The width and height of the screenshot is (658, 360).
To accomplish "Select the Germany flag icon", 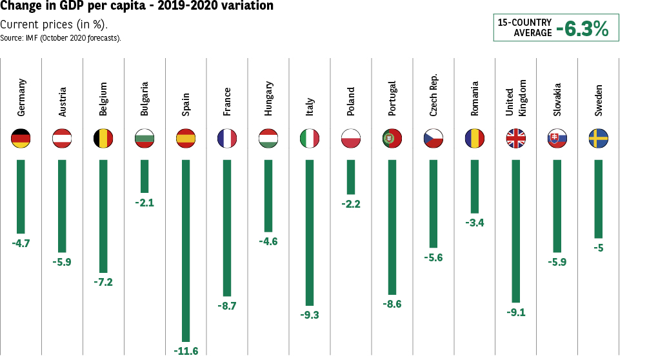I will pyautogui.click(x=21, y=139).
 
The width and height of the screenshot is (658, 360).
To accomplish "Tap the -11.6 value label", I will pyautogui.click(x=186, y=351).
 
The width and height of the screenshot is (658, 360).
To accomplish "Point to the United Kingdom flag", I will pyautogui.click(x=516, y=139).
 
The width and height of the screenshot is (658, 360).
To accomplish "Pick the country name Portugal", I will pyautogui.click(x=392, y=98).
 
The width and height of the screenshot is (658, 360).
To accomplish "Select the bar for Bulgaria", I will pyautogui.click(x=145, y=176).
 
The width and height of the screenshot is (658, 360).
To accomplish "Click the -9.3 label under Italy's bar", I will pyautogui.click(x=310, y=315).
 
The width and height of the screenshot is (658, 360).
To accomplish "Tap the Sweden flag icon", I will pyautogui.click(x=599, y=139).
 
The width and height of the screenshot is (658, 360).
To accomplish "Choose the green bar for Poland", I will pyautogui.click(x=351, y=177).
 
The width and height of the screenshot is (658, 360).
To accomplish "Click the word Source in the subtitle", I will pyautogui.click(x=12, y=38).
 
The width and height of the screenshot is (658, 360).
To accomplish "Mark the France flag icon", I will pyautogui.click(x=227, y=139).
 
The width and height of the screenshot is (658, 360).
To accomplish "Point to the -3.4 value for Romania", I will pyautogui.click(x=475, y=223).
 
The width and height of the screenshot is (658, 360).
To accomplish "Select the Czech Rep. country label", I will pyautogui.click(x=434, y=98).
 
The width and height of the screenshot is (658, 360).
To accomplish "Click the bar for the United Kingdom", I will pyautogui.click(x=516, y=231).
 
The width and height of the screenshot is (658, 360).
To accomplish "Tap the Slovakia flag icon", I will pyautogui.click(x=557, y=139).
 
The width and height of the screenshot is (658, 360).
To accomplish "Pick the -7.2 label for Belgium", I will pyautogui.click(x=103, y=282).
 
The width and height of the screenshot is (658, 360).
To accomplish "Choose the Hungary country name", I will pyautogui.click(x=268, y=98).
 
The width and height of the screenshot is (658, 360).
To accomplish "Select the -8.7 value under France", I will pyautogui.click(x=227, y=306).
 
